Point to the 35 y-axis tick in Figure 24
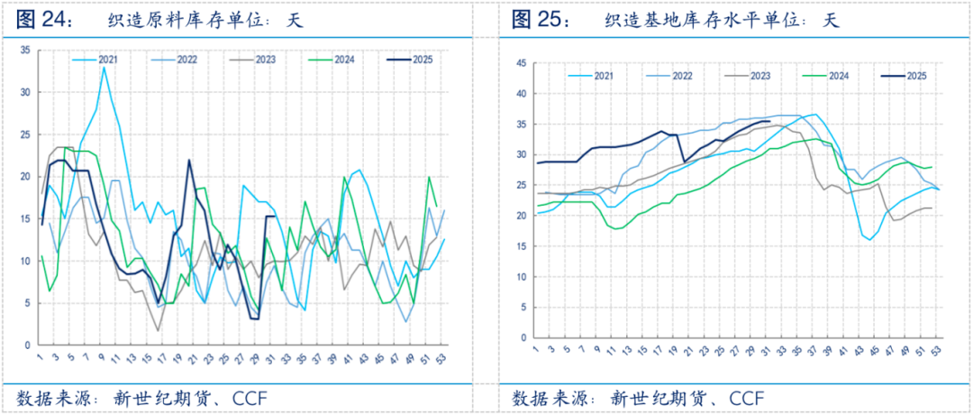click(24, 51)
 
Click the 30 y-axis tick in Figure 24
click(24, 92)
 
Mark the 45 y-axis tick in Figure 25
click(519, 63)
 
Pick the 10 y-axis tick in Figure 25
click(519, 276)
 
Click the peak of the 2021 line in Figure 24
click(104, 68)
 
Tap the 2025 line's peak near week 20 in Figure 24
click(189, 161)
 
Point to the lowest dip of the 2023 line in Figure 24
click(159, 330)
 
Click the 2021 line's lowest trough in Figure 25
click(870, 240)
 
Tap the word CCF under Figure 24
click(250, 398)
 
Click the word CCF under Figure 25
click(746, 398)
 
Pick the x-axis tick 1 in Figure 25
click(537, 348)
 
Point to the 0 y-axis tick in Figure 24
click(27, 345)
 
